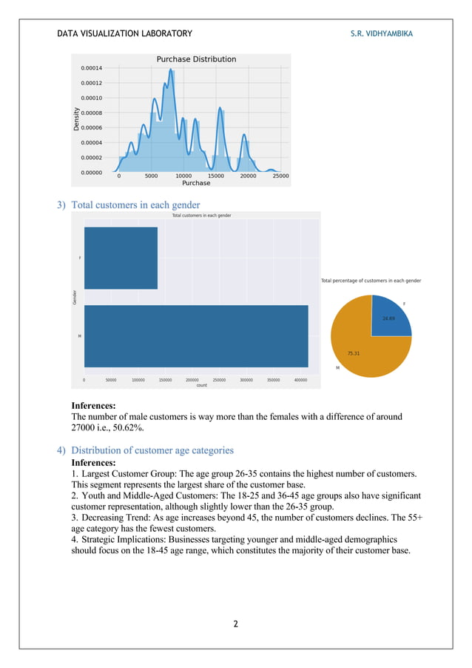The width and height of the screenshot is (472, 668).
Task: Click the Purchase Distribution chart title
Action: (x=196, y=59)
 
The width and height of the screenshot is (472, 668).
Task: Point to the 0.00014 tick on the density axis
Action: (x=92, y=68)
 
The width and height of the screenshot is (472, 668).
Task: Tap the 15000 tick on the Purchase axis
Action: (x=215, y=176)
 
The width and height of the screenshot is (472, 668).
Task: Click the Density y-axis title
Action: (x=76, y=118)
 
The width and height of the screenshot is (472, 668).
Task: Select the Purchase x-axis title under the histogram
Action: (x=196, y=183)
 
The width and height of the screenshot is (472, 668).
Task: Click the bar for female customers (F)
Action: (x=121, y=258)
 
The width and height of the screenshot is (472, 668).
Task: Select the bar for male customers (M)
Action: (x=196, y=336)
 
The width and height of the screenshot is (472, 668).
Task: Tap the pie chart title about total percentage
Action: (x=371, y=281)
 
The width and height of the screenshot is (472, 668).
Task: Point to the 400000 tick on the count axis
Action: (x=300, y=380)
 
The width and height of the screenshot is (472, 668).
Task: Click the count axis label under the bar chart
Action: (x=201, y=385)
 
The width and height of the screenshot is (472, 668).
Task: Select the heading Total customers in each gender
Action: (x=135, y=204)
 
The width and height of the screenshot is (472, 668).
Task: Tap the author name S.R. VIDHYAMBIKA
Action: (x=382, y=33)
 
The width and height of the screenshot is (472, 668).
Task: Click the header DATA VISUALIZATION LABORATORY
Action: (x=124, y=33)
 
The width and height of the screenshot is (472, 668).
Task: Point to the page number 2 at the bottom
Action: (x=235, y=624)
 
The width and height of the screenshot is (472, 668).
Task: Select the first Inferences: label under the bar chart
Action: (x=93, y=406)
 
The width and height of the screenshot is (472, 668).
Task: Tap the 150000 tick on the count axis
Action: (x=165, y=380)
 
